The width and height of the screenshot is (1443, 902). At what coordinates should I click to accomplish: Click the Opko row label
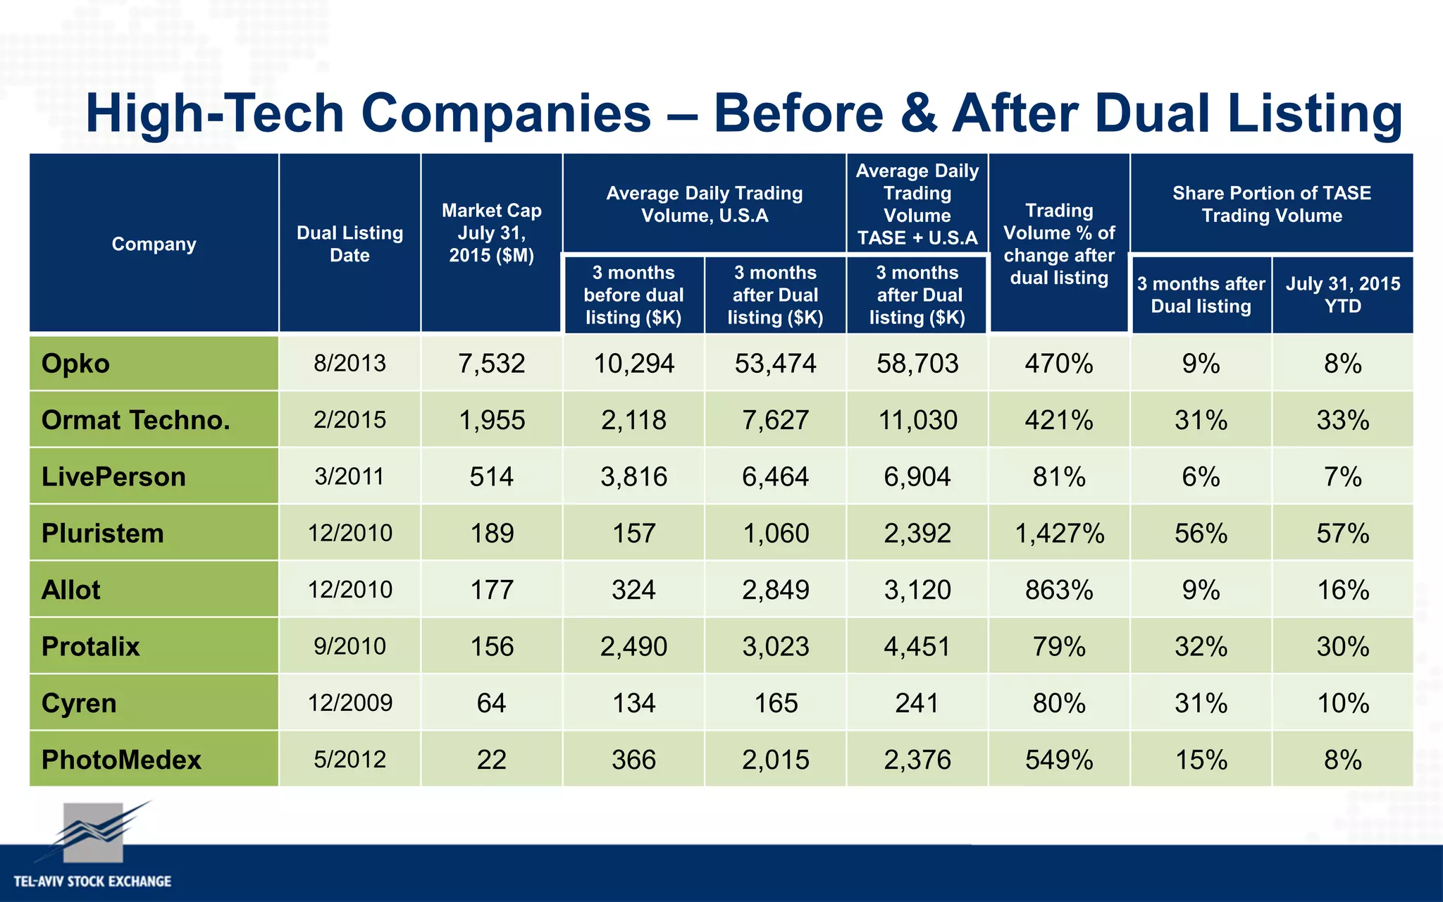[x=76, y=364]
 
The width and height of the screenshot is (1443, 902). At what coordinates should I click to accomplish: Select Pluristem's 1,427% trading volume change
[x=1059, y=533]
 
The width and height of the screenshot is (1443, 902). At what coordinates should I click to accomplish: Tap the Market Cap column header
[x=491, y=233]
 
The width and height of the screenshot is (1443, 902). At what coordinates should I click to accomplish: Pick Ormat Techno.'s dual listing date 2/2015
[x=349, y=420]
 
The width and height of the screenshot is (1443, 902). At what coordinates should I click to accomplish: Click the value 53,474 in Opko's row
[x=775, y=364]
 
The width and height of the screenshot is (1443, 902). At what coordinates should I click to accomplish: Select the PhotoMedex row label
[x=121, y=760]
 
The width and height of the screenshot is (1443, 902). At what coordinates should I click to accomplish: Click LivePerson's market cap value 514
[x=491, y=477]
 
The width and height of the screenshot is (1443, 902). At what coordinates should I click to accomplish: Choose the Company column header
[x=154, y=244]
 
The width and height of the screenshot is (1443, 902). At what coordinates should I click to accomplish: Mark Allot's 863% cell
[x=1059, y=590]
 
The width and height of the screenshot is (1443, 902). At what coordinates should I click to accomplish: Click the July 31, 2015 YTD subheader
[x=1342, y=295]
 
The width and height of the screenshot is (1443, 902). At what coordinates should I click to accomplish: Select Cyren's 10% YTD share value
[x=1342, y=703]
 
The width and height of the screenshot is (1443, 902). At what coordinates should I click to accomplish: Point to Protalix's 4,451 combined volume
[x=917, y=646]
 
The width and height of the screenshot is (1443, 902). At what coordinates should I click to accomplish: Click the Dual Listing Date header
[x=349, y=244]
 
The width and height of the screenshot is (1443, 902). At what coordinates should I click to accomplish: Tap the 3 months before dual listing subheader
[x=633, y=295]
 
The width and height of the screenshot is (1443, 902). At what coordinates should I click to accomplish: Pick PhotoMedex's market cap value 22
[x=491, y=760]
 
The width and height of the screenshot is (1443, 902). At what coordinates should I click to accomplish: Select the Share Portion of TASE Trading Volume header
[x=1271, y=204]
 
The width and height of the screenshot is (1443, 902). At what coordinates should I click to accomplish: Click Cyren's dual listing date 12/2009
[x=349, y=703]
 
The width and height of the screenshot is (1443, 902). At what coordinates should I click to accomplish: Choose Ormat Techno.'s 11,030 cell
[x=917, y=420]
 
